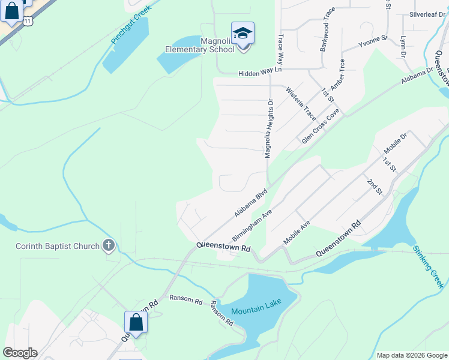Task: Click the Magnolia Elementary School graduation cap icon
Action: [243, 33]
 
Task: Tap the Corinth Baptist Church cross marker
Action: [108, 245]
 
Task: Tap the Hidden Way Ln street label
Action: [260, 71]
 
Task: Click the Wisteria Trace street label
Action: [301, 104]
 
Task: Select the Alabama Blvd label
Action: [250, 204]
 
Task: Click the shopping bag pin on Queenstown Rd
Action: [136, 322]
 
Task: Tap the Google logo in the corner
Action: [20, 353]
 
